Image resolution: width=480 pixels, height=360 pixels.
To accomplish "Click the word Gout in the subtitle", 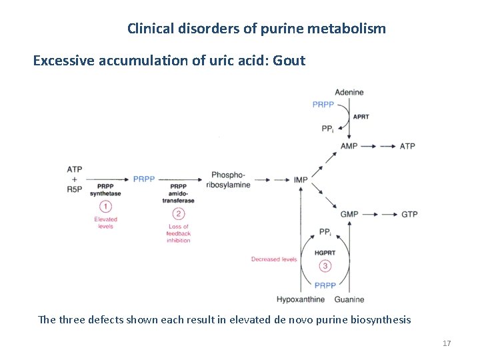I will click(288, 61).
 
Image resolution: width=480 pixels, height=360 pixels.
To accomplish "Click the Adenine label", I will click(349, 92).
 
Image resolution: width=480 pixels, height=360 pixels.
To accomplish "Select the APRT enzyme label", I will click(361, 117).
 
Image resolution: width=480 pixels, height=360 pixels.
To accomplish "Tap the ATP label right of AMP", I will click(407, 146).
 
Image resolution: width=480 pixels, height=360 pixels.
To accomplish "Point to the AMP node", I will click(349, 146).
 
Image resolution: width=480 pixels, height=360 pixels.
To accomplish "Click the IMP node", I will click(301, 179).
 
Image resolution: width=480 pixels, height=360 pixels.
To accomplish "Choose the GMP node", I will click(349, 214).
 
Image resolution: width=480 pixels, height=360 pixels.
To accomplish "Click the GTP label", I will click(409, 214).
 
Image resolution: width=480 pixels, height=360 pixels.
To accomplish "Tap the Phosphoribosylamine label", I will click(231, 179).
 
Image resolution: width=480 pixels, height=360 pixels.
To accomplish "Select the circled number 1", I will click(105, 207).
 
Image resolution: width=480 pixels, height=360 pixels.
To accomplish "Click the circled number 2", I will click(178, 214).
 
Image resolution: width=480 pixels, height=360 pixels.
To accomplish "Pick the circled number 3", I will click(325, 267).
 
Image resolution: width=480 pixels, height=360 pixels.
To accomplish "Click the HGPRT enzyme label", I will click(325, 253).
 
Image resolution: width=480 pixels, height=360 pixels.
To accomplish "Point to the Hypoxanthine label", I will click(301, 299).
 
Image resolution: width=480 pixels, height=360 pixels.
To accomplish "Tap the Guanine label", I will click(349, 299).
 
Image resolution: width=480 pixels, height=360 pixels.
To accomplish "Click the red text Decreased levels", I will click(274, 259).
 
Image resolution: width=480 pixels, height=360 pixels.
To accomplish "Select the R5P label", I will click(75, 189).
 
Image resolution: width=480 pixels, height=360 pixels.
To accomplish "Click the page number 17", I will click(447, 343).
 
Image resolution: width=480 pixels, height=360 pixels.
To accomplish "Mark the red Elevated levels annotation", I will click(105, 223).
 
